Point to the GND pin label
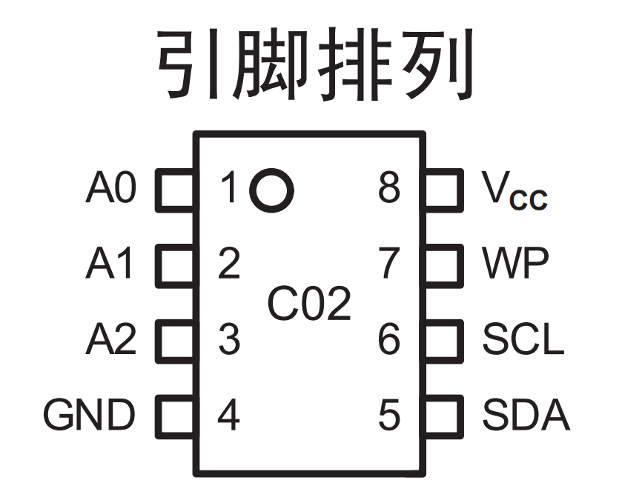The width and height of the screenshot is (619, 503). pos(90,416)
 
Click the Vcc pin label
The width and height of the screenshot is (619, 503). pos(514,191)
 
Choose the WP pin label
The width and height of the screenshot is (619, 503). pos(515,264)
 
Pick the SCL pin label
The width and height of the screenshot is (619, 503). pos(523,340)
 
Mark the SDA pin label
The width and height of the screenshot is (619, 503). pos(526,416)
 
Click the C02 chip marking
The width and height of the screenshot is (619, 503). pos(309,303)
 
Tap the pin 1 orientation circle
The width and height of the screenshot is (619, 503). pos(271,190)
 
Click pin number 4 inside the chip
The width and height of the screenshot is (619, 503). pos(229,416)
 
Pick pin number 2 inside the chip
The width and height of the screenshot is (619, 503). pos(229,264)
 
